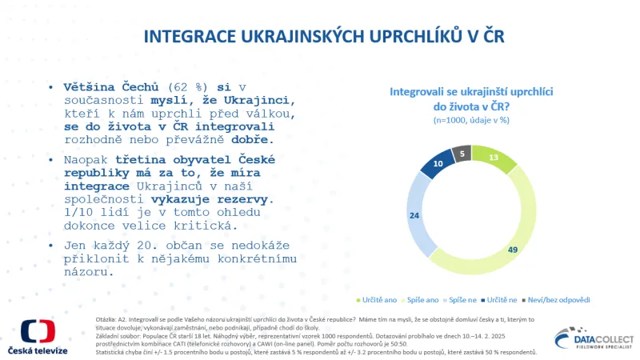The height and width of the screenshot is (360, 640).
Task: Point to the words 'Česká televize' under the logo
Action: [x=38, y=352]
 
